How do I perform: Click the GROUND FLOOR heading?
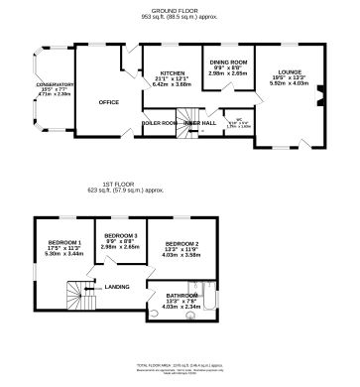pos(179,6)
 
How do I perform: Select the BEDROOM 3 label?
pos(125,235)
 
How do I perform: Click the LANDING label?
pos(118,289)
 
